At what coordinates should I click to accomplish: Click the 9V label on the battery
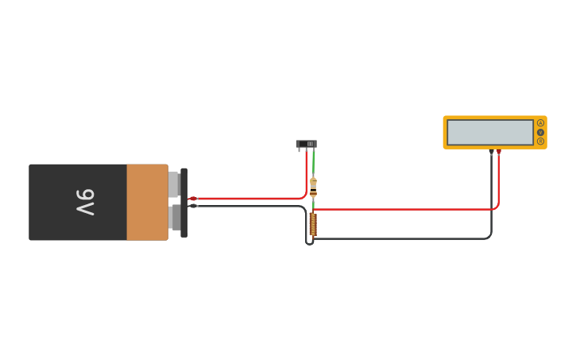click(x=85, y=202)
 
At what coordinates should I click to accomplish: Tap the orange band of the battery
click(x=147, y=202)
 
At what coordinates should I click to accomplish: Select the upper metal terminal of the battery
click(x=174, y=184)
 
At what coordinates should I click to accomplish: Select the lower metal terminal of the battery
click(x=174, y=217)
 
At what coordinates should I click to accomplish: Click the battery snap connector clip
click(x=184, y=203)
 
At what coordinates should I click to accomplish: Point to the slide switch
click(x=306, y=144)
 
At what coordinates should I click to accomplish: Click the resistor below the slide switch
click(x=313, y=187)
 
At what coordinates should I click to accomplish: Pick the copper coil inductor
click(x=313, y=224)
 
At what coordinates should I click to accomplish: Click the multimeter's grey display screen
click(x=489, y=133)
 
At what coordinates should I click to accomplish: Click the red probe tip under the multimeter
click(x=499, y=151)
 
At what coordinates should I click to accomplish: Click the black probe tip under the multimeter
click(x=491, y=151)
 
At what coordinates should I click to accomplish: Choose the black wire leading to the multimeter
click(x=405, y=238)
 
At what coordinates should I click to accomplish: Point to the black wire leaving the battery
click(x=246, y=206)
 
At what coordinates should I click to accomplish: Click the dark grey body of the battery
click(x=56, y=202)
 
